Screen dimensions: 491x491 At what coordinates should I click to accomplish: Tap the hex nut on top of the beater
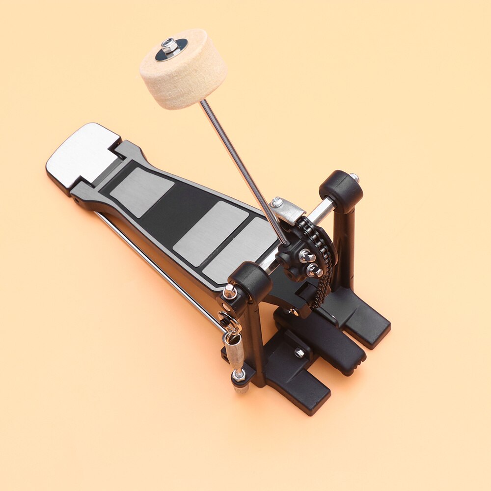[170, 46]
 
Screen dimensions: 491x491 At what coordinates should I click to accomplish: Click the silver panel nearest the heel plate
[141, 191]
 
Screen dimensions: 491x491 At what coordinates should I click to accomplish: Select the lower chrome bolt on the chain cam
[312, 270]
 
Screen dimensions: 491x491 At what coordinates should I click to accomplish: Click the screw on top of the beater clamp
[276, 201]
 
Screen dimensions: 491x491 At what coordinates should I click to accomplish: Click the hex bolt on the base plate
[299, 352]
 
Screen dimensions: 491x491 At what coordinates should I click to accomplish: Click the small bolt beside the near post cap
[229, 293]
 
